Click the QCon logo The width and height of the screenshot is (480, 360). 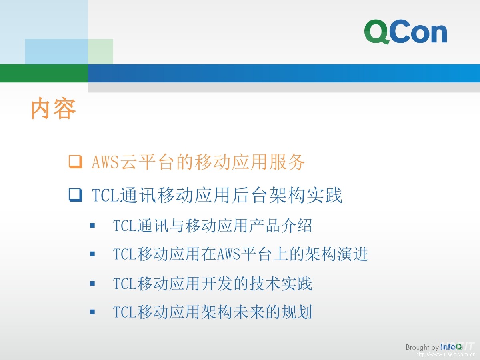click(406, 32)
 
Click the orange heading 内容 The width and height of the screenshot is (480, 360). click(53, 108)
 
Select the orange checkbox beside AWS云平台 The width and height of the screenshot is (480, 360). click(76, 162)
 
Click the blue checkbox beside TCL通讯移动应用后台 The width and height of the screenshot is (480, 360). click(76, 195)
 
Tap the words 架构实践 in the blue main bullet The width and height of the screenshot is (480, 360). click(306, 195)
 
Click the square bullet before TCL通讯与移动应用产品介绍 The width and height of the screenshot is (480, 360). click(92, 225)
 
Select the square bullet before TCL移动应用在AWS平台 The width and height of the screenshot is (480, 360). click(92, 254)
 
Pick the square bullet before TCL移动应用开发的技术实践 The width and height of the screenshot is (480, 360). click(92, 284)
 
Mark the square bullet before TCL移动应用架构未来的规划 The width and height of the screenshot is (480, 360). click(92, 312)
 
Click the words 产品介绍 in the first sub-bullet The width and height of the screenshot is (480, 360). click(280, 226)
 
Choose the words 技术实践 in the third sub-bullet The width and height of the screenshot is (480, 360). click(280, 284)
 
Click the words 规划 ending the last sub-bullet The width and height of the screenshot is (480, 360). click(296, 312)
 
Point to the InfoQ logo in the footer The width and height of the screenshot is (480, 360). click(451, 347)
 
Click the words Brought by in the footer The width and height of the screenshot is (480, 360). click(422, 347)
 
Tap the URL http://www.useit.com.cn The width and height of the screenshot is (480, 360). click(446, 354)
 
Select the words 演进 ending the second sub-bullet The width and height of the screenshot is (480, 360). click(352, 254)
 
